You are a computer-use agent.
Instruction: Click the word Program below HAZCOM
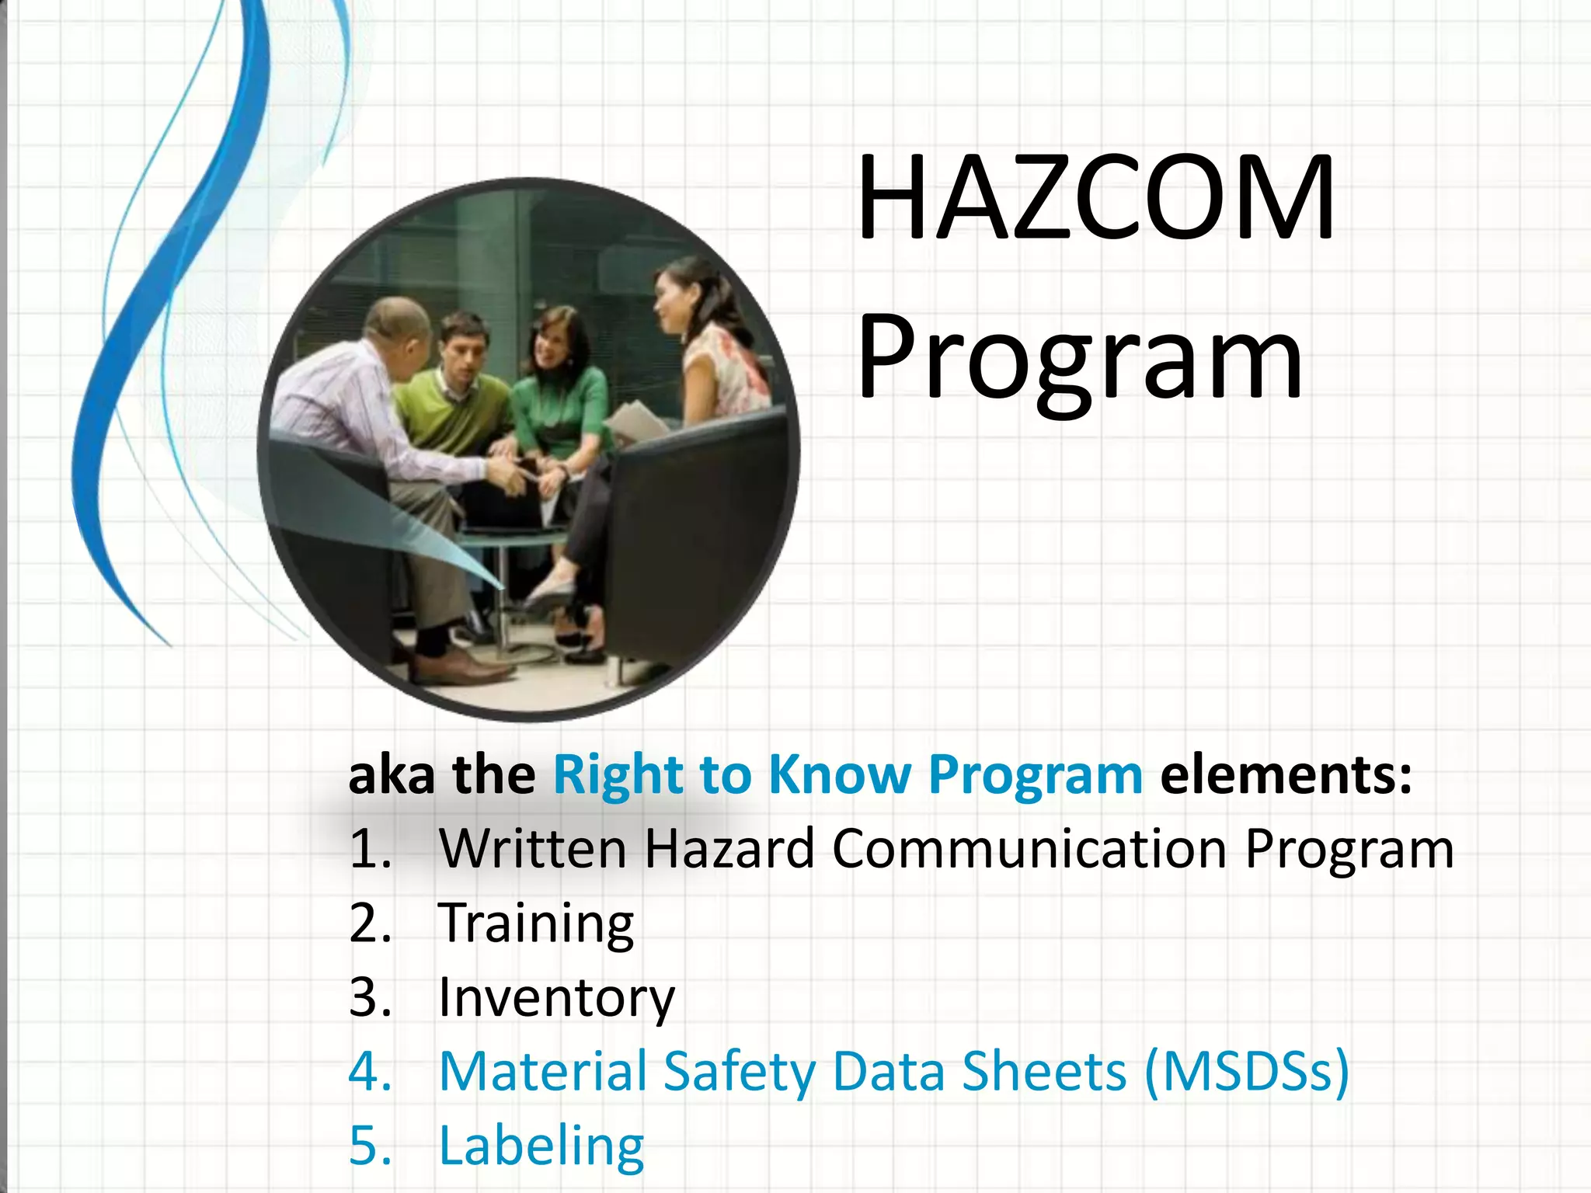[x=1080, y=361]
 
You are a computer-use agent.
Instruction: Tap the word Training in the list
[x=536, y=923]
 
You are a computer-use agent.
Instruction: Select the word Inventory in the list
[x=556, y=997]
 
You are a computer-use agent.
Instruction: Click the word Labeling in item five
[x=541, y=1145]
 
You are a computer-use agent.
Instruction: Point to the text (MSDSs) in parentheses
[x=1247, y=1071]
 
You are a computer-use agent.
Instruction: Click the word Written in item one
[x=532, y=848]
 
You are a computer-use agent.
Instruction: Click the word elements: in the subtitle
[x=1286, y=774]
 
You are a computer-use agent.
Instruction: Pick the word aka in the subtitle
[x=391, y=774]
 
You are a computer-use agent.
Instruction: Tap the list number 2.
[x=370, y=923]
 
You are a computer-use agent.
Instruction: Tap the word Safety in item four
[x=739, y=1071]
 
